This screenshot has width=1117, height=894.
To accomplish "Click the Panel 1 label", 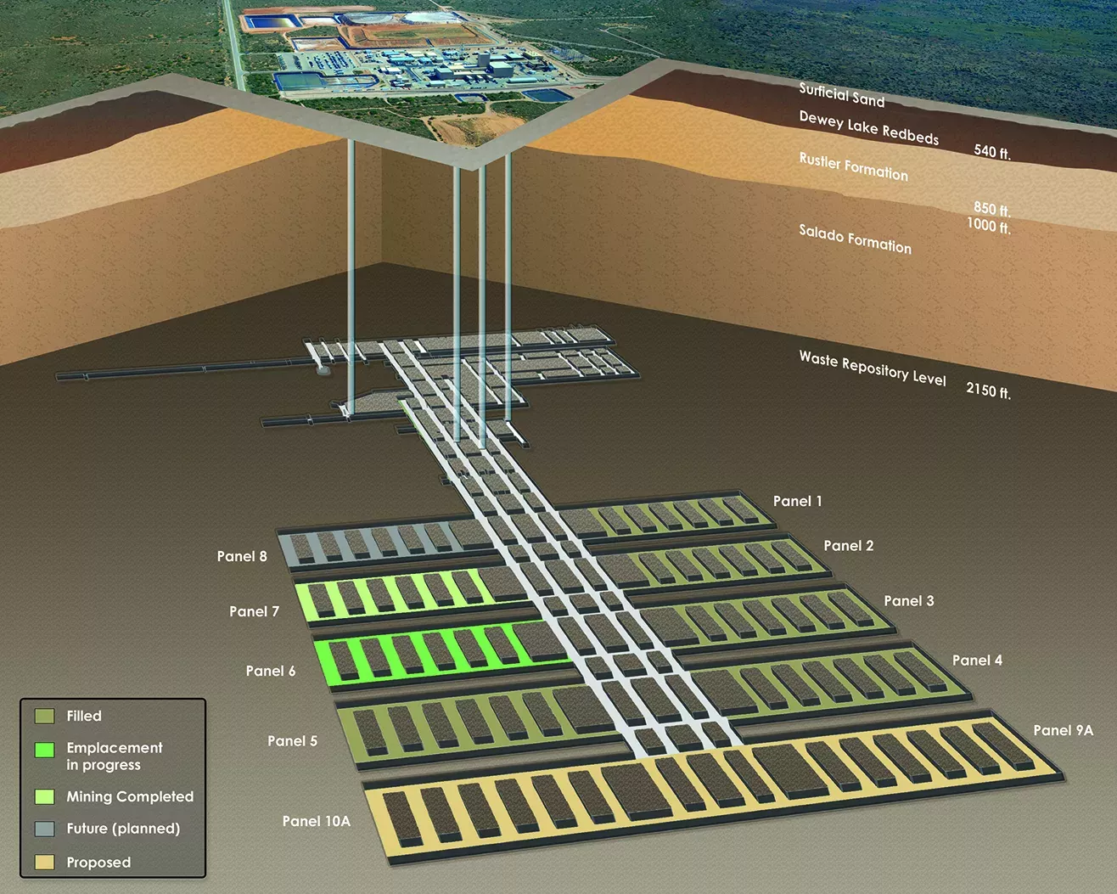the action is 797,501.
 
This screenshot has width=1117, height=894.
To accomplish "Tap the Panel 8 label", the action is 242,556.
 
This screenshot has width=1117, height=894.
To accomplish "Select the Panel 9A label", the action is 1063,730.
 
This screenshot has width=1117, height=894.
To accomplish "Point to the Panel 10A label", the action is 316,821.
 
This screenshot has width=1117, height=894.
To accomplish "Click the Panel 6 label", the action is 271,671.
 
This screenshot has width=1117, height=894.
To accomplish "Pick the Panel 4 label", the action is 977,660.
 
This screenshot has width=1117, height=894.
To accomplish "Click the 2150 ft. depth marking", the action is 988,390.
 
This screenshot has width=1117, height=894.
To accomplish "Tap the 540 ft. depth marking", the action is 992,152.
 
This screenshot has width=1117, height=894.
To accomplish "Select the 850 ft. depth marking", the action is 992,209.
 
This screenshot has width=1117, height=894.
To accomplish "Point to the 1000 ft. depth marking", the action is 988,226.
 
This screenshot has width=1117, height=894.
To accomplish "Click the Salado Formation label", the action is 855,239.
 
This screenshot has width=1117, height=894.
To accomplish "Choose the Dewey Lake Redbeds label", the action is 869,127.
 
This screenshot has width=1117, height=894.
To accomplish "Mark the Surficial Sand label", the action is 841,95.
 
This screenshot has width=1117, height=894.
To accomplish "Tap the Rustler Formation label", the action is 853,166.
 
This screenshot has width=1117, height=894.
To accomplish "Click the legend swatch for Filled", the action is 45,716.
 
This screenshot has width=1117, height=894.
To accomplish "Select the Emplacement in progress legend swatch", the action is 45,750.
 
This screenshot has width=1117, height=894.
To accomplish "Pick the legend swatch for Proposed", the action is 45,863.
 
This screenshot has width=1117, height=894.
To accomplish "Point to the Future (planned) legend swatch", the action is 45,829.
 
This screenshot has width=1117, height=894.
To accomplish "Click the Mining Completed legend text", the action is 130,796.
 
